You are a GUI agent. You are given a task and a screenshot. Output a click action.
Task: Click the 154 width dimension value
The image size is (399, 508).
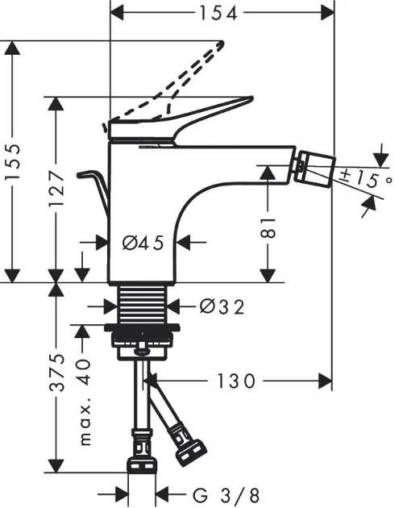tap(218, 13)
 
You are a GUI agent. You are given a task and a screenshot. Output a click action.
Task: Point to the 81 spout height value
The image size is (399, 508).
tap(268, 227)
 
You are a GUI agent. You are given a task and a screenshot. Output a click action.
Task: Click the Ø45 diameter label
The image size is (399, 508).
tap(143, 243)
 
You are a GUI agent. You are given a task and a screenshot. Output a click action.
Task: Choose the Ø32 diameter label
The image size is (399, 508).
tap(222, 306)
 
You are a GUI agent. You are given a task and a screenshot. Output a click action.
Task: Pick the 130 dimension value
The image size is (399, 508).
tap(235, 381)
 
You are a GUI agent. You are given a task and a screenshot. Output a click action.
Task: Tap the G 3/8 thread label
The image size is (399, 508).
tap(226, 495)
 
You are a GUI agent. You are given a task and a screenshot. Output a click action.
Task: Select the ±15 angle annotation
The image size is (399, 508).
tap(365, 179)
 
